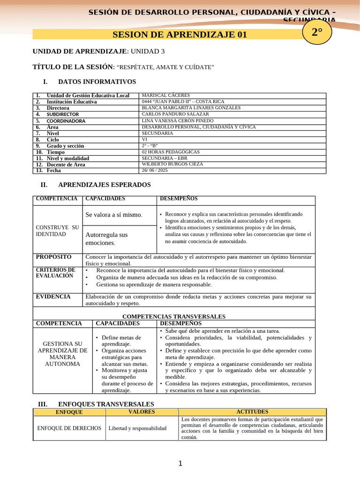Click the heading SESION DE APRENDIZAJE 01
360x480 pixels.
point(180,34)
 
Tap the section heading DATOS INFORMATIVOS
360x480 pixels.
point(97,82)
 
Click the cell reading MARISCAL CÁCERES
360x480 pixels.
point(166,95)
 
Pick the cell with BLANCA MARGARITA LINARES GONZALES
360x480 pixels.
point(191,108)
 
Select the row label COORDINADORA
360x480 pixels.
point(66,120)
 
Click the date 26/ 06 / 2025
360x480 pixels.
point(154,171)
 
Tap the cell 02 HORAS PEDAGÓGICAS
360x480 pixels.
point(171,152)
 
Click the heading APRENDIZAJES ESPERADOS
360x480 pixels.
point(104,185)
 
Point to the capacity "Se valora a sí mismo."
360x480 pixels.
point(114,215)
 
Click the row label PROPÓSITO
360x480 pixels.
point(54,257)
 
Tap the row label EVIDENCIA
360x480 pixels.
point(53,297)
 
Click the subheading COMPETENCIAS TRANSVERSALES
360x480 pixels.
point(174,316)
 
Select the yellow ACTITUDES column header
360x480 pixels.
point(252,412)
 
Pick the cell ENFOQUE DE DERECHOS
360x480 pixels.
point(69,428)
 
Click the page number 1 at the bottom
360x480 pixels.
point(180,464)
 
